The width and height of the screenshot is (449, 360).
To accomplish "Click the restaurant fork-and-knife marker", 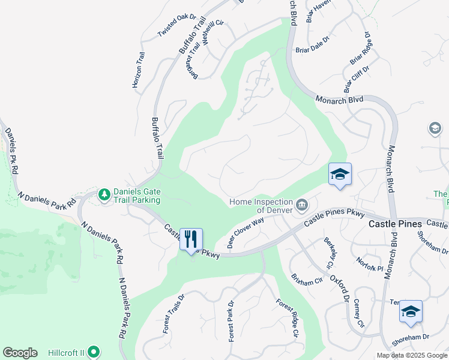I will point(191,239).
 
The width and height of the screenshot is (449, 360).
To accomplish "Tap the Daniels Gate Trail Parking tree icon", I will point(105,194).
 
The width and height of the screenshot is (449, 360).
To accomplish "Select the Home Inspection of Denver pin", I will point(302,206).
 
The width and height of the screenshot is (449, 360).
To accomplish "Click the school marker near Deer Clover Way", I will point(340,175).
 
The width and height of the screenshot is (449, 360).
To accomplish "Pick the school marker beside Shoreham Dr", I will point(411,311).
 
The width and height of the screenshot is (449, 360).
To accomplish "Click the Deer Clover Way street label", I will point(246,233).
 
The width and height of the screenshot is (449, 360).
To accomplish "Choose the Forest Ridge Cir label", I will point(287,318).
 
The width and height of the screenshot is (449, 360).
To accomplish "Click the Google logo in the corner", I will point(20,353).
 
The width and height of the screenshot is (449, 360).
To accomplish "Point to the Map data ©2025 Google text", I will point(411,355).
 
